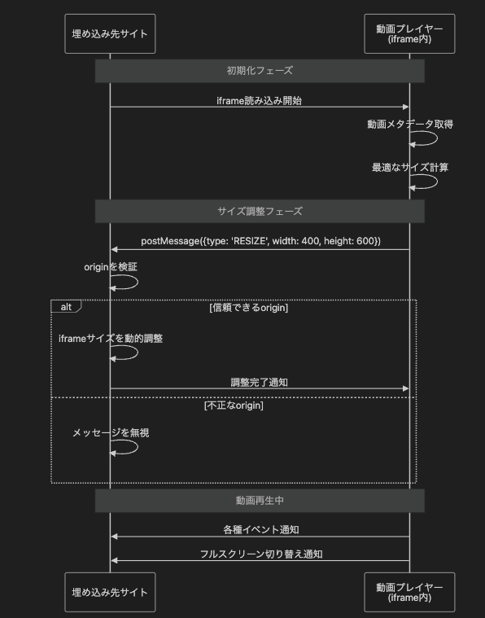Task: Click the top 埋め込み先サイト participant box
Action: point(110,33)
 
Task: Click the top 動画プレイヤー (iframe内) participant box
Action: point(409,33)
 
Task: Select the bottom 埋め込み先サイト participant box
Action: point(110,592)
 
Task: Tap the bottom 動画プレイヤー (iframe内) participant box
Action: point(409,592)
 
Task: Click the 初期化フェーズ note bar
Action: point(260,71)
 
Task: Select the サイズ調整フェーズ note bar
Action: point(260,211)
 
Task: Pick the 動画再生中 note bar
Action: point(260,501)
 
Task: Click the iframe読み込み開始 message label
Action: point(260,101)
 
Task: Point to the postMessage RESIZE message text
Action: point(261,241)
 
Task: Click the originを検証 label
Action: point(111,267)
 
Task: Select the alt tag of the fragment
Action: point(66,306)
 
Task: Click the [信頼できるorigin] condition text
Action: point(249,308)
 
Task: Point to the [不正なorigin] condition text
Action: point(234,405)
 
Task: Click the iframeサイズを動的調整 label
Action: point(111,338)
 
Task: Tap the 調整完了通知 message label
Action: point(260,383)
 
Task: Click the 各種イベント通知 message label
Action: point(261,530)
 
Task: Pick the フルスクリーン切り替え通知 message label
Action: point(261,554)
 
